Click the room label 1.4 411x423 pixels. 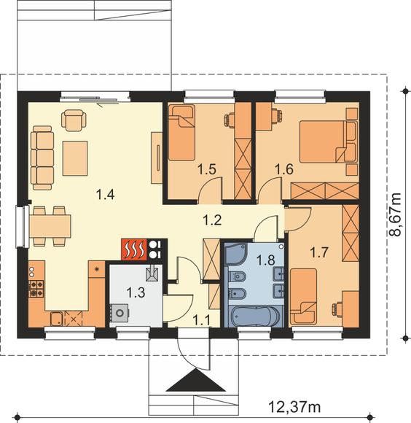point(106,195)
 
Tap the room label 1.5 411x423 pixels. point(207,169)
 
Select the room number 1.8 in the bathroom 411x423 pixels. point(265,260)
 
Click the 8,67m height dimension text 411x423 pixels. point(395,214)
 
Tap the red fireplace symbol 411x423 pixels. point(134,249)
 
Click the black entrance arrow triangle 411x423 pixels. point(196,380)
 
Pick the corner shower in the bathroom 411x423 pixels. point(236,254)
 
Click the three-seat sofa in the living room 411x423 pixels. point(42,158)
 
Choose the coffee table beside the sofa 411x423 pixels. point(75,158)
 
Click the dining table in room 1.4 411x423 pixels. point(50,226)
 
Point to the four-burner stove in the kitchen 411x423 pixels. point(36,289)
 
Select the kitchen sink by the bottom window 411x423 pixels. point(57,319)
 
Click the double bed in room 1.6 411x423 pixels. point(328,141)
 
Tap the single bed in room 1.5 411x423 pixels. point(181,133)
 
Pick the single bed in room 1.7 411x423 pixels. point(303,297)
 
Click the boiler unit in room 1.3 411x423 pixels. point(119,313)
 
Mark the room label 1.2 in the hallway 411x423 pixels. point(212,220)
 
